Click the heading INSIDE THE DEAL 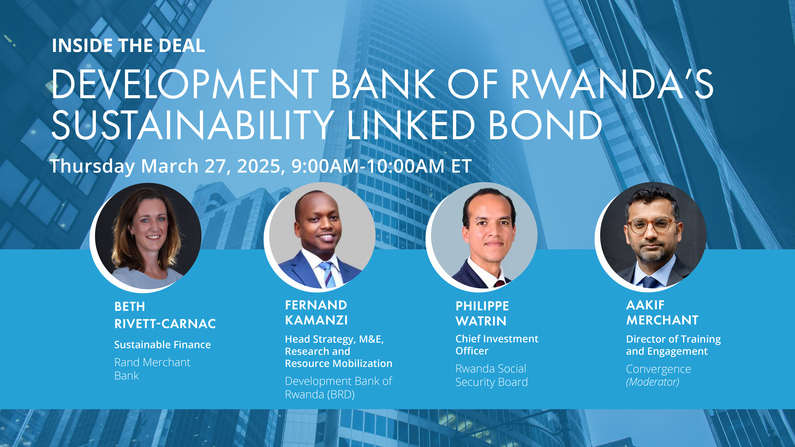128,46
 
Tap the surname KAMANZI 316,320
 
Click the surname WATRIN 481,321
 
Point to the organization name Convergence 658,369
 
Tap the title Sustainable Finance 162,345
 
